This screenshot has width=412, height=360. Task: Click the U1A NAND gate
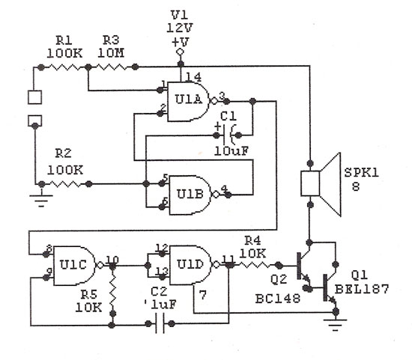(189, 101)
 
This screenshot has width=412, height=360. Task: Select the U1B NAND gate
(190, 195)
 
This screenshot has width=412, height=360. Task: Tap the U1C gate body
(75, 266)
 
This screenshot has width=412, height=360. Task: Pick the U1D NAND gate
(190, 265)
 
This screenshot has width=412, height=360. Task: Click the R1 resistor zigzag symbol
(64, 67)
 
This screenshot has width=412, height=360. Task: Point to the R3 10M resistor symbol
(112, 67)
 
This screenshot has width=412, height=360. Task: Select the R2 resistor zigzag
(65, 184)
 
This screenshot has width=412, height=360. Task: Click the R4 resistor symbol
(253, 266)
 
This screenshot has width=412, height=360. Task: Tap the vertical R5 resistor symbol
(112, 291)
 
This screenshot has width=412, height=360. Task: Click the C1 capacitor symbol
(228, 135)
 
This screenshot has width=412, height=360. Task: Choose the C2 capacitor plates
(160, 324)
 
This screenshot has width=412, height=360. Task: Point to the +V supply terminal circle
(181, 52)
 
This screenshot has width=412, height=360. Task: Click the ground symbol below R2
(41, 201)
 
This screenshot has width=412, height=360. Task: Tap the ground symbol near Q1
(336, 325)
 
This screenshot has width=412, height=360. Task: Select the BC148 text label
(278, 299)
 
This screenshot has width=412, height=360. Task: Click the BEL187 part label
(362, 289)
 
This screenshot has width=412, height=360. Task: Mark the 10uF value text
(231, 151)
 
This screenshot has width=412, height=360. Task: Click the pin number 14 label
(194, 77)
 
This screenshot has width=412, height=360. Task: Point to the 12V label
(180, 28)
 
